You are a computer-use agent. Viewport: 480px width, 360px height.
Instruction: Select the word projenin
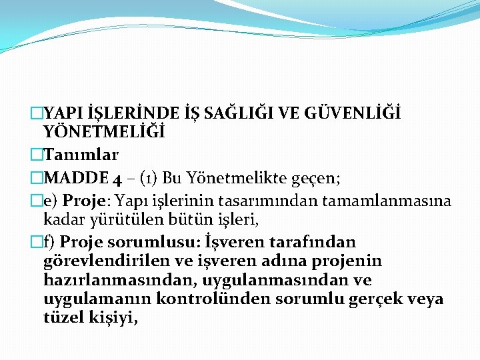click(x=346, y=261)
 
